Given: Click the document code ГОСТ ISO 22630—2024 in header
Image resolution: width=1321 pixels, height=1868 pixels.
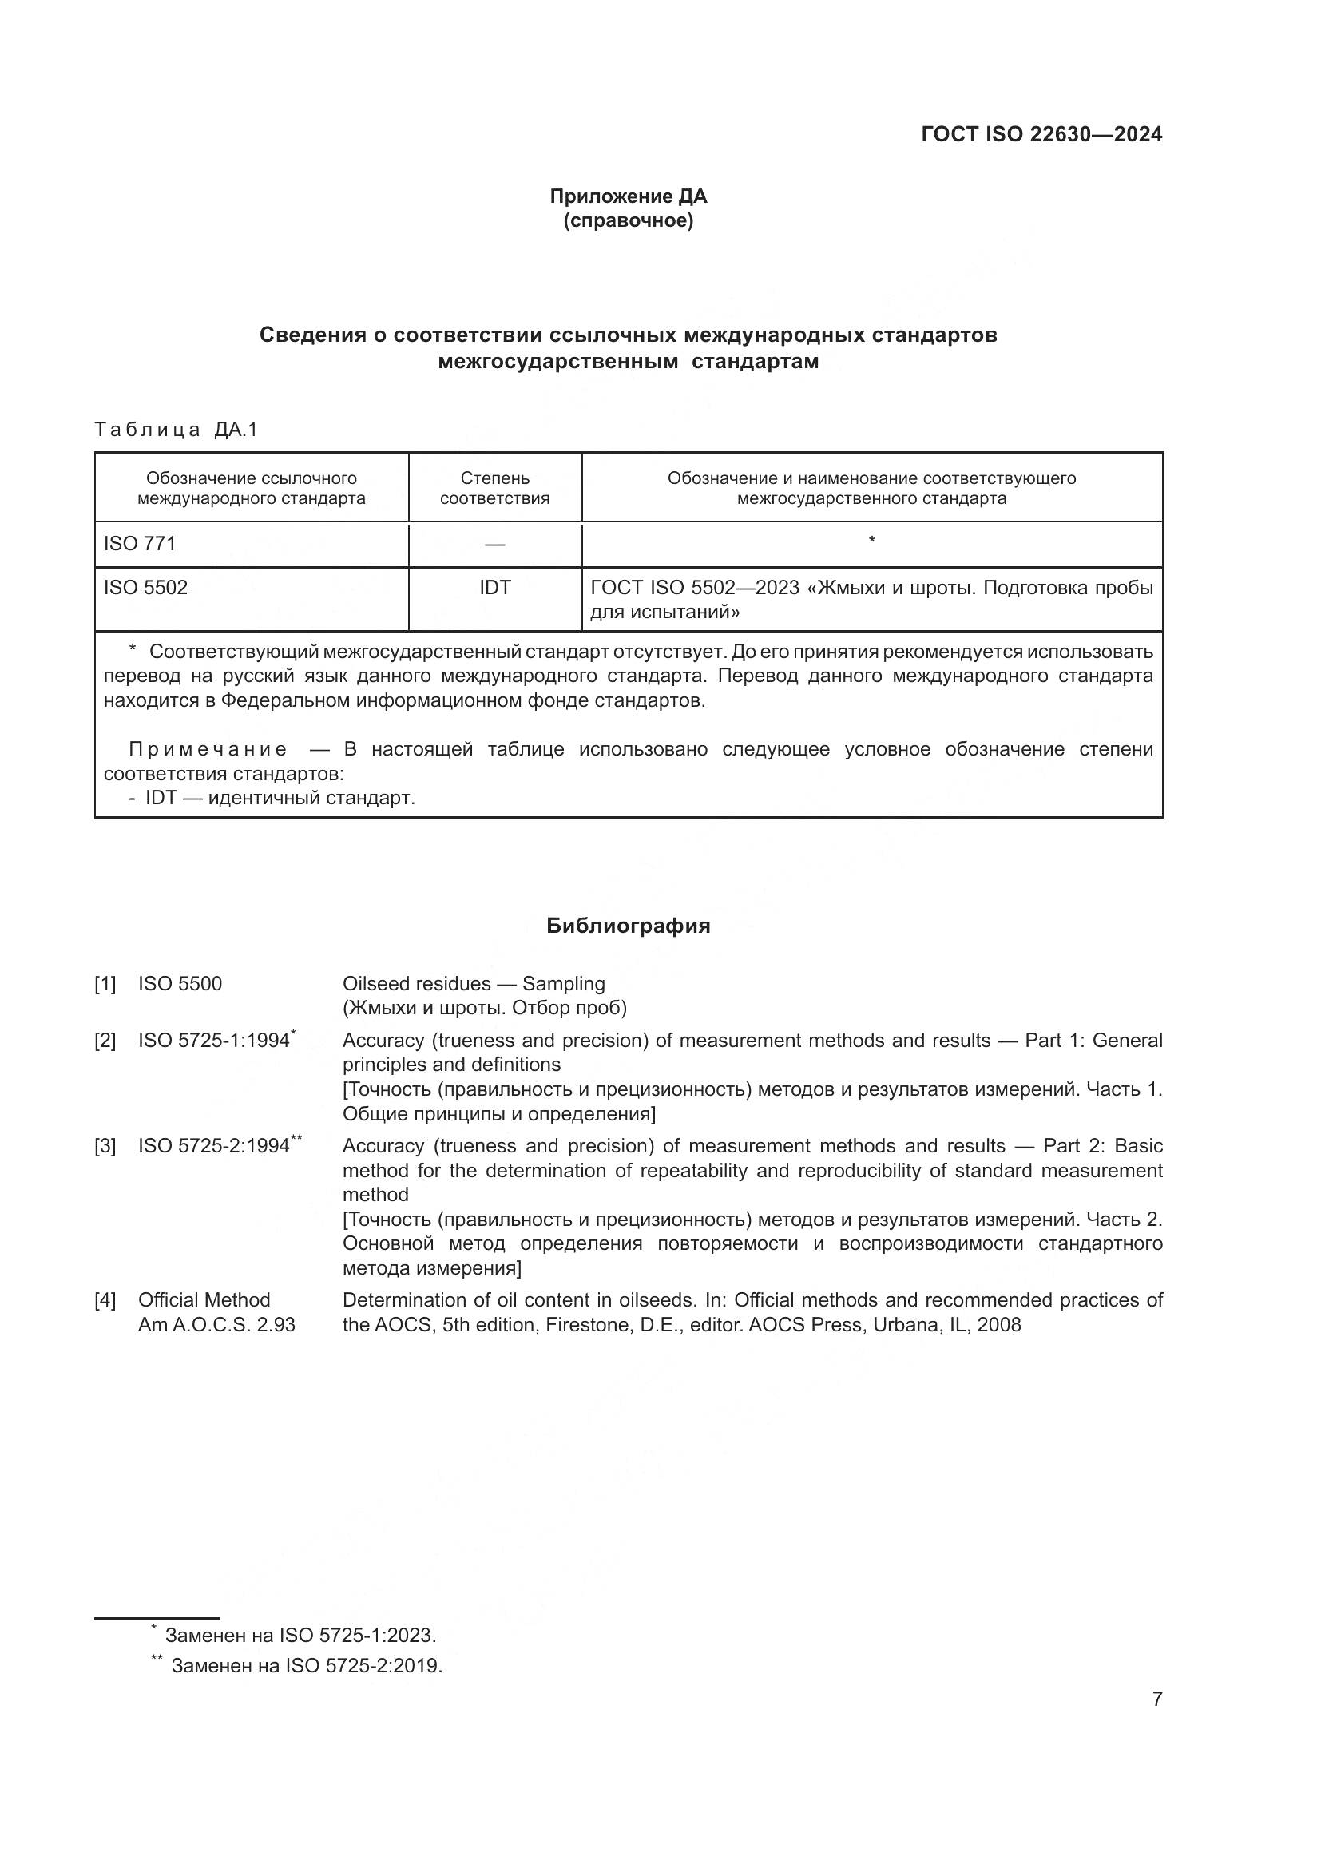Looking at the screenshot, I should (1041, 134).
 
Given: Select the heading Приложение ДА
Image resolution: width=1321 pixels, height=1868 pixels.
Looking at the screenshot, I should (628, 196).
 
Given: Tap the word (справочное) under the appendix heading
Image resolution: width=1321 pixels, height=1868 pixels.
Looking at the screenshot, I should (628, 221).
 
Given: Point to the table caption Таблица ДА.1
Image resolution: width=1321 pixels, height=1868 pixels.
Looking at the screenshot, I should (176, 430).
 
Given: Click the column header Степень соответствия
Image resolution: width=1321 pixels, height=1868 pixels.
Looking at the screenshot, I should (494, 488).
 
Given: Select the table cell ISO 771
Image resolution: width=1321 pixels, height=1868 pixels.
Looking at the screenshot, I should (140, 544).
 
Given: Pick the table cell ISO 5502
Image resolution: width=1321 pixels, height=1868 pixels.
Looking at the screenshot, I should (145, 588).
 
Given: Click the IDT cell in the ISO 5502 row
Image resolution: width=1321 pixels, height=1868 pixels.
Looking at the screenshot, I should (494, 588).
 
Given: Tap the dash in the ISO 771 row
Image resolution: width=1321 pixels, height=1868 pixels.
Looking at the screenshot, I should (494, 545).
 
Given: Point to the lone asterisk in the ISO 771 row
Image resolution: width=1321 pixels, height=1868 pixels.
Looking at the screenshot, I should (872, 540).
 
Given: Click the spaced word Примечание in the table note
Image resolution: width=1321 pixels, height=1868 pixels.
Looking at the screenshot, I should (208, 749).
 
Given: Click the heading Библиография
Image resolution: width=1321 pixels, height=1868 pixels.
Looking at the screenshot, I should (628, 926).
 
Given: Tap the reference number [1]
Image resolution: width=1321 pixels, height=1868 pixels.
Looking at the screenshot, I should (105, 985).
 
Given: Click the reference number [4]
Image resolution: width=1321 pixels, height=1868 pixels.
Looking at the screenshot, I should (105, 1300).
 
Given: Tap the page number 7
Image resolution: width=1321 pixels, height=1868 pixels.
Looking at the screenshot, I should (1156, 1699).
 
